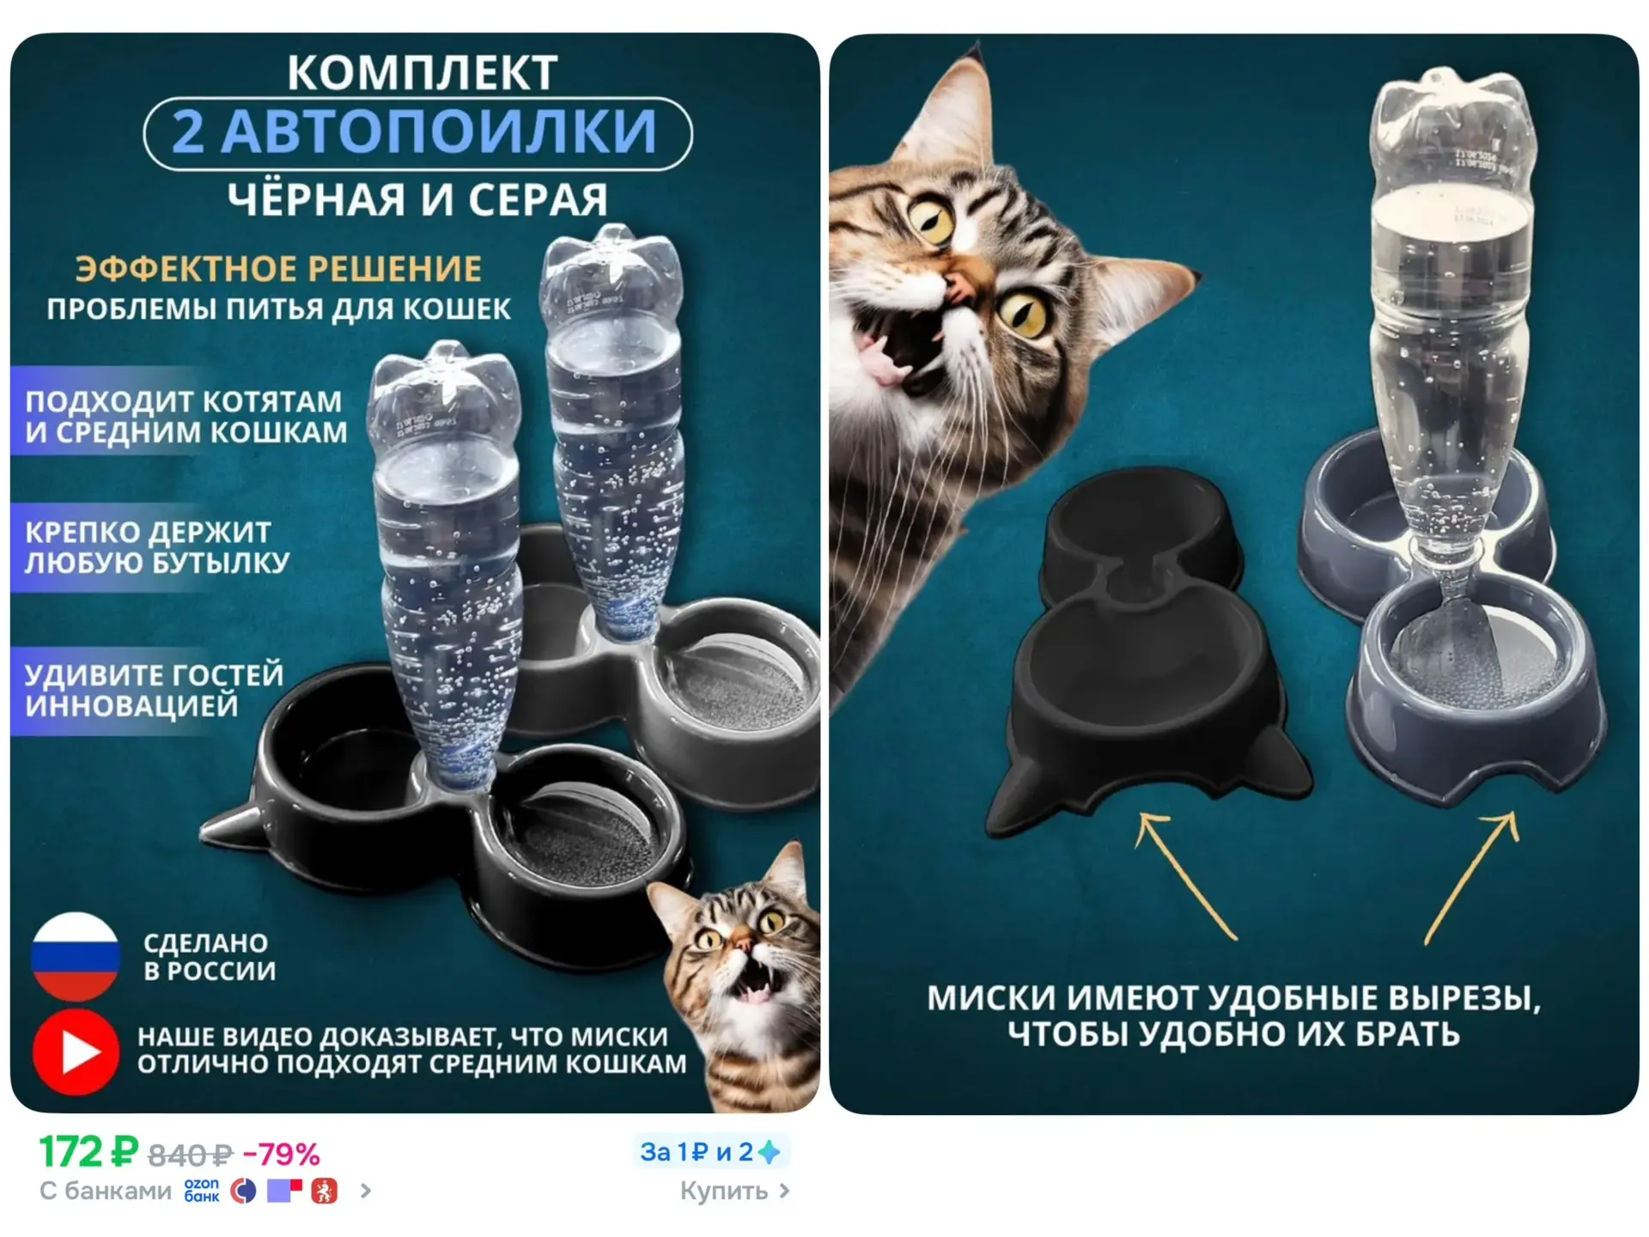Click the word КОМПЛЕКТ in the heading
[422, 72]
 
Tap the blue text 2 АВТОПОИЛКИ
[415, 131]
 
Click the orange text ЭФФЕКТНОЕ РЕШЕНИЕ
[278, 269]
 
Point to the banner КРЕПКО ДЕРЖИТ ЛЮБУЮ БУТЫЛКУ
[155, 547]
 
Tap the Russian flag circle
[75, 955]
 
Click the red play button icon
[76, 1052]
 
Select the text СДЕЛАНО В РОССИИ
[210, 957]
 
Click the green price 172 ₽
[89, 1152]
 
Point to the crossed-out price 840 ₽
[190, 1155]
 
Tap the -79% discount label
[282, 1154]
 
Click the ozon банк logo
[202, 1191]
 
